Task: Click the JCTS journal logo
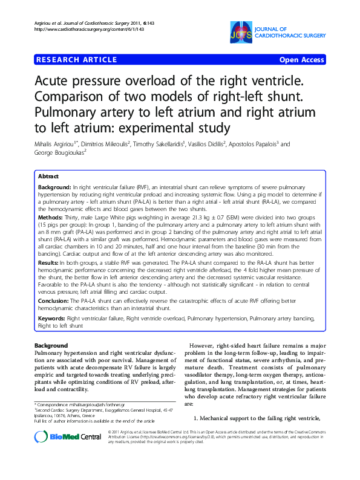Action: coord(240,32)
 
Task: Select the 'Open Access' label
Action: coord(301,60)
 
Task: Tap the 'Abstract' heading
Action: coord(48,176)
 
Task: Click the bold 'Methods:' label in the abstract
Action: coord(51,216)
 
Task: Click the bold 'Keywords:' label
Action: coord(51,317)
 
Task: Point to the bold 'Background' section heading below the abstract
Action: coord(51,345)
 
